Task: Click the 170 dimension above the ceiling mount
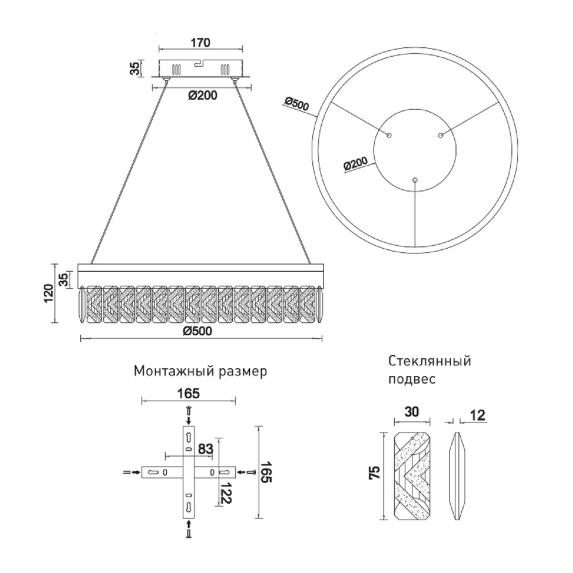201,42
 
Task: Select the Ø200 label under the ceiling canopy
202,95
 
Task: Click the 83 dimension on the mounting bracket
205,449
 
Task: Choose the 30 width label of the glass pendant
412,412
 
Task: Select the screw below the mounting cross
189,533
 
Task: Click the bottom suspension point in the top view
414,180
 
